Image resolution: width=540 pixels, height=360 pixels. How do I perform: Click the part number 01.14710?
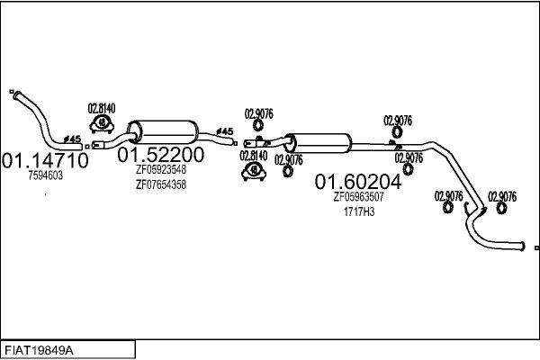pyautogui.click(x=45, y=160)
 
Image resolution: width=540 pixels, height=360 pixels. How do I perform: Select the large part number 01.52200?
pyautogui.click(x=160, y=155)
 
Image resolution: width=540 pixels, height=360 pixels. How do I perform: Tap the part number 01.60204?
pyautogui.click(x=358, y=182)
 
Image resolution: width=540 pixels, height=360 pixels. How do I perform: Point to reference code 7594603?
pyautogui.click(x=46, y=175)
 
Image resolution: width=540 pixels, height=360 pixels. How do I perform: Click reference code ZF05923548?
pyautogui.click(x=161, y=169)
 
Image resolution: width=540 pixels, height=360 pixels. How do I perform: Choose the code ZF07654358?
pyautogui.click(x=161, y=184)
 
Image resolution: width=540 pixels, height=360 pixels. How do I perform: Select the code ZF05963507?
pyautogui.click(x=358, y=197)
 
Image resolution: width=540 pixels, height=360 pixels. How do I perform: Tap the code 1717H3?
pyautogui.click(x=359, y=211)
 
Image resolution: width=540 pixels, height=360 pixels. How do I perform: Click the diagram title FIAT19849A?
pyautogui.click(x=39, y=351)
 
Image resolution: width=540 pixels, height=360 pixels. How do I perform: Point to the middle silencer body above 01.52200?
pyautogui.click(x=163, y=132)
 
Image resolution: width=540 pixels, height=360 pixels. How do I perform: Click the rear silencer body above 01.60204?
pyautogui.click(x=319, y=143)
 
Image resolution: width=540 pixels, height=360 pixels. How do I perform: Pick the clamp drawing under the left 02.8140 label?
pyautogui.click(x=102, y=125)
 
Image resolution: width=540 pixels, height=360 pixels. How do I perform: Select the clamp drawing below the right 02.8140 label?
pyautogui.click(x=254, y=172)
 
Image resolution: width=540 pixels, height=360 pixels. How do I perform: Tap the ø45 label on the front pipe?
pyautogui.click(x=72, y=139)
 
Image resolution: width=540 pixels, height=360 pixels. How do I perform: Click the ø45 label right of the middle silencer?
pyautogui.click(x=224, y=131)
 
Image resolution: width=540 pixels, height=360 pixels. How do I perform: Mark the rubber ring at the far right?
pyautogui.click(x=501, y=208)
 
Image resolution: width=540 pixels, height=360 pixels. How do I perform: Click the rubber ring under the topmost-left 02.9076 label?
pyautogui.click(x=257, y=125)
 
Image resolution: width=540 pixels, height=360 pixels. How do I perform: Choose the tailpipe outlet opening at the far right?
pyautogui.click(x=523, y=247)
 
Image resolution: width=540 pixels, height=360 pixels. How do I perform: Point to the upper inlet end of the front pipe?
pyautogui.click(x=16, y=95)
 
